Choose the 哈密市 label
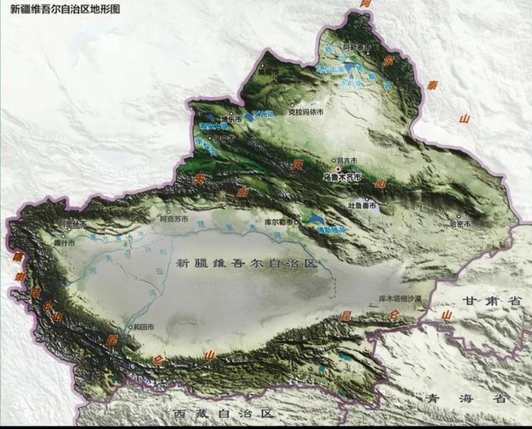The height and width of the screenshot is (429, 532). [460, 225]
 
